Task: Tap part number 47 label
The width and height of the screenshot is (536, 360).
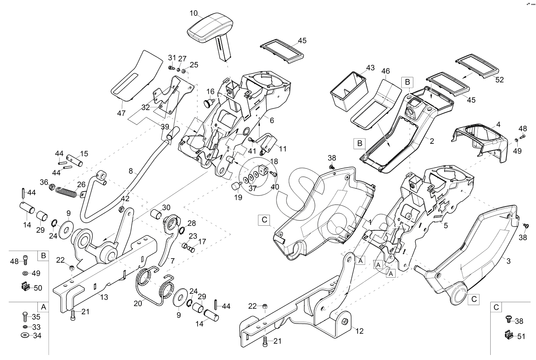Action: (121, 113)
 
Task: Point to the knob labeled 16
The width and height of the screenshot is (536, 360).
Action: (208, 103)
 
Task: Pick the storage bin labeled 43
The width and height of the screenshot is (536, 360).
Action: (349, 91)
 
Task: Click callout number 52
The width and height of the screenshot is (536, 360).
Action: (500, 80)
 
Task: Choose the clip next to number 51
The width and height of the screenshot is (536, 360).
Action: (509, 335)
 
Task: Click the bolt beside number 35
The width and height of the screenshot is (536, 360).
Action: (25, 317)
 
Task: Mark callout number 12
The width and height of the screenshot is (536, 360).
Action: (359, 331)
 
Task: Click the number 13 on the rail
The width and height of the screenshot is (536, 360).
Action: (104, 297)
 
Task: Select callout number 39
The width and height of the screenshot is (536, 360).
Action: (165, 127)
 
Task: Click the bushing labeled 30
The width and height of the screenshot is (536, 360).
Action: (157, 214)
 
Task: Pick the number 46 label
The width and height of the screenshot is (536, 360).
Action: (385, 71)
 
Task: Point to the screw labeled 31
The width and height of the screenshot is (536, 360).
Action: (171, 68)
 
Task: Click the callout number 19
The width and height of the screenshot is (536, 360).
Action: (238, 197)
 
